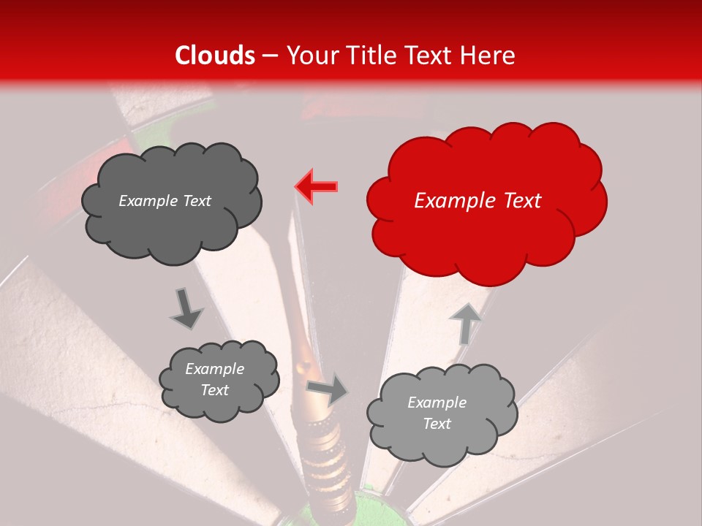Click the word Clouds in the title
[215, 56]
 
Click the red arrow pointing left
[316, 186]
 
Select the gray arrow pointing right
[327, 391]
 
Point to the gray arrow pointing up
[466, 323]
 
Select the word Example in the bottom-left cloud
[214, 369]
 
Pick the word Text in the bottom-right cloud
[437, 424]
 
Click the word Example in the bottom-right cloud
[437, 403]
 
